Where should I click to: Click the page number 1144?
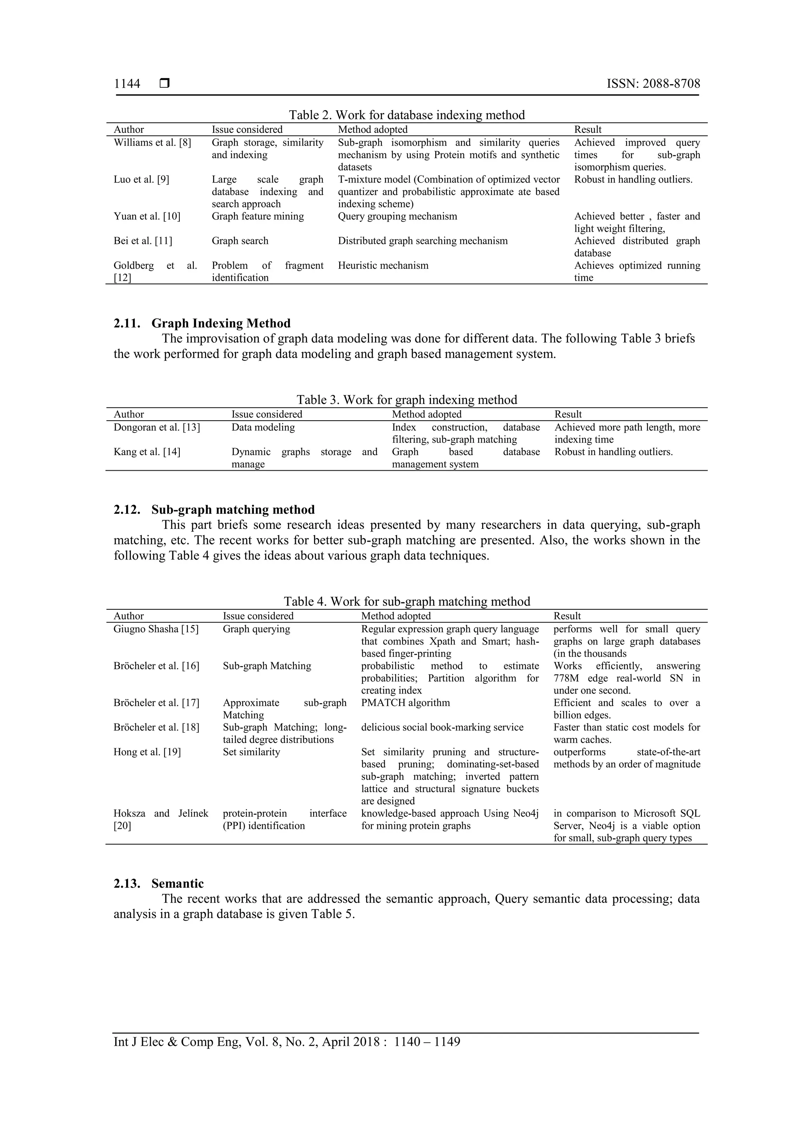click(x=127, y=84)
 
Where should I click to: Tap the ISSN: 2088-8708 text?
click(x=653, y=84)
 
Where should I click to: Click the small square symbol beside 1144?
click(x=165, y=84)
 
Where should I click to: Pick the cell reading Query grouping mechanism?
click(x=397, y=216)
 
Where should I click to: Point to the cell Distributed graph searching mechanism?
click(x=423, y=241)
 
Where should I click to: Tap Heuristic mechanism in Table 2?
click(x=383, y=266)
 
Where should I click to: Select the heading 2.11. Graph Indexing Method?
click(x=202, y=323)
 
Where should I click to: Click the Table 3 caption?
click(x=406, y=400)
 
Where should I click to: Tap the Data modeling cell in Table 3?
click(x=263, y=427)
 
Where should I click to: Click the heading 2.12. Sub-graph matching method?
click(x=214, y=509)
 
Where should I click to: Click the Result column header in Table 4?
click(x=567, y=616)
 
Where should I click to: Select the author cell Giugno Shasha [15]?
click(x=156, y=629)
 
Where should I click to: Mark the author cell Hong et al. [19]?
click(x=147, y=752)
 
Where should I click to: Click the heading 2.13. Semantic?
click(x=159, y=883)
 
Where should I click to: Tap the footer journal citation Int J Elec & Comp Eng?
click(x=286, y=1042)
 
